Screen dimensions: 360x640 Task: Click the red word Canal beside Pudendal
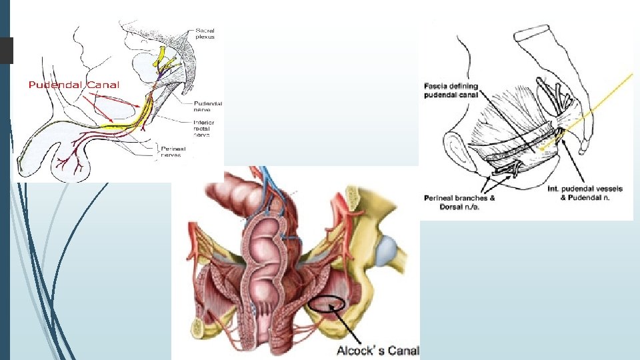tap(101, 85)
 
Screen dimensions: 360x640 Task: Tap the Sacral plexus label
tap(209, 33)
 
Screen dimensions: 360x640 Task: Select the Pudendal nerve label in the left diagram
tap(207, 107)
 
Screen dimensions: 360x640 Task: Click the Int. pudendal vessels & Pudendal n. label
tap(585, 193)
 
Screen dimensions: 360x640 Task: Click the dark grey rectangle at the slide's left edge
tap(6, 50)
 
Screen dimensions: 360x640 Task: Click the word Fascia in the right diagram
tap(438, 86)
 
